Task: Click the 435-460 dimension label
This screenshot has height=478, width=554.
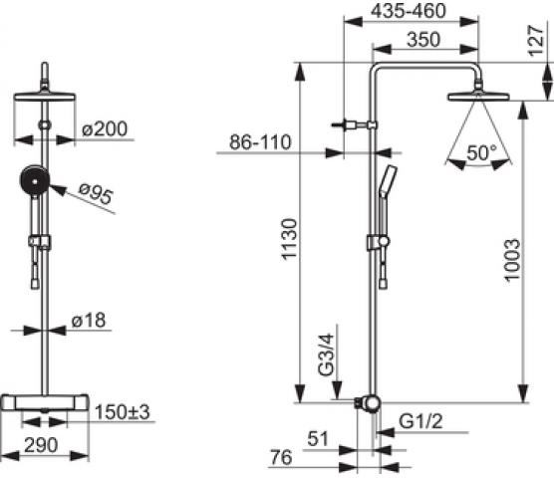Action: [409, 11]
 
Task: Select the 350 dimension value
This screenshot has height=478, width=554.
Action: [423, 39]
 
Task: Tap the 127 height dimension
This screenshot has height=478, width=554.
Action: [536, 41]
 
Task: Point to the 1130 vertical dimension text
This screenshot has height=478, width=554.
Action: [289, 239]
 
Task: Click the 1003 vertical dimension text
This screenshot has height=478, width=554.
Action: [512, 260]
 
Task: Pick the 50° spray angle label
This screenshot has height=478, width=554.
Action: [481, 153]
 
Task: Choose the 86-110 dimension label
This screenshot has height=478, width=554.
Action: [260, 142]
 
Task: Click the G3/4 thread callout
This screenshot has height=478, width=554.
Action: [326, 355]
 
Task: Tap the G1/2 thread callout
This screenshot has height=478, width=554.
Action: [420, 421]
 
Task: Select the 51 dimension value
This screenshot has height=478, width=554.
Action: [318, 439]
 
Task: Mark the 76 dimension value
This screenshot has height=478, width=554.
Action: [282, 457]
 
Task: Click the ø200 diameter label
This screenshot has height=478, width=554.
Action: [105, 128]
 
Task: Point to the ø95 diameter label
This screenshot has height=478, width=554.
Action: [96, 193]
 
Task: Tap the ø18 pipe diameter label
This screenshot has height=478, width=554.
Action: [89, 321]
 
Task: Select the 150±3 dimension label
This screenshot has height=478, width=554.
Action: [123, 412]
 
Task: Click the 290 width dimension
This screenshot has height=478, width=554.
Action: [41, 445]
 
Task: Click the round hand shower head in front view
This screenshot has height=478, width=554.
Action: [34, 181]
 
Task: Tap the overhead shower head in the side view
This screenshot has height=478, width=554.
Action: [478, 97]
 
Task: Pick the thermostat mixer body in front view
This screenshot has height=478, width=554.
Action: [45, 402]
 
